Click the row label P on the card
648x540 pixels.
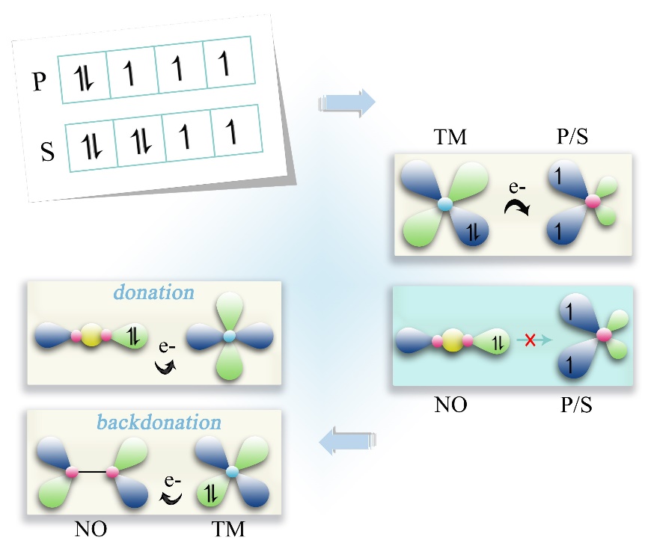point(40,82)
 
